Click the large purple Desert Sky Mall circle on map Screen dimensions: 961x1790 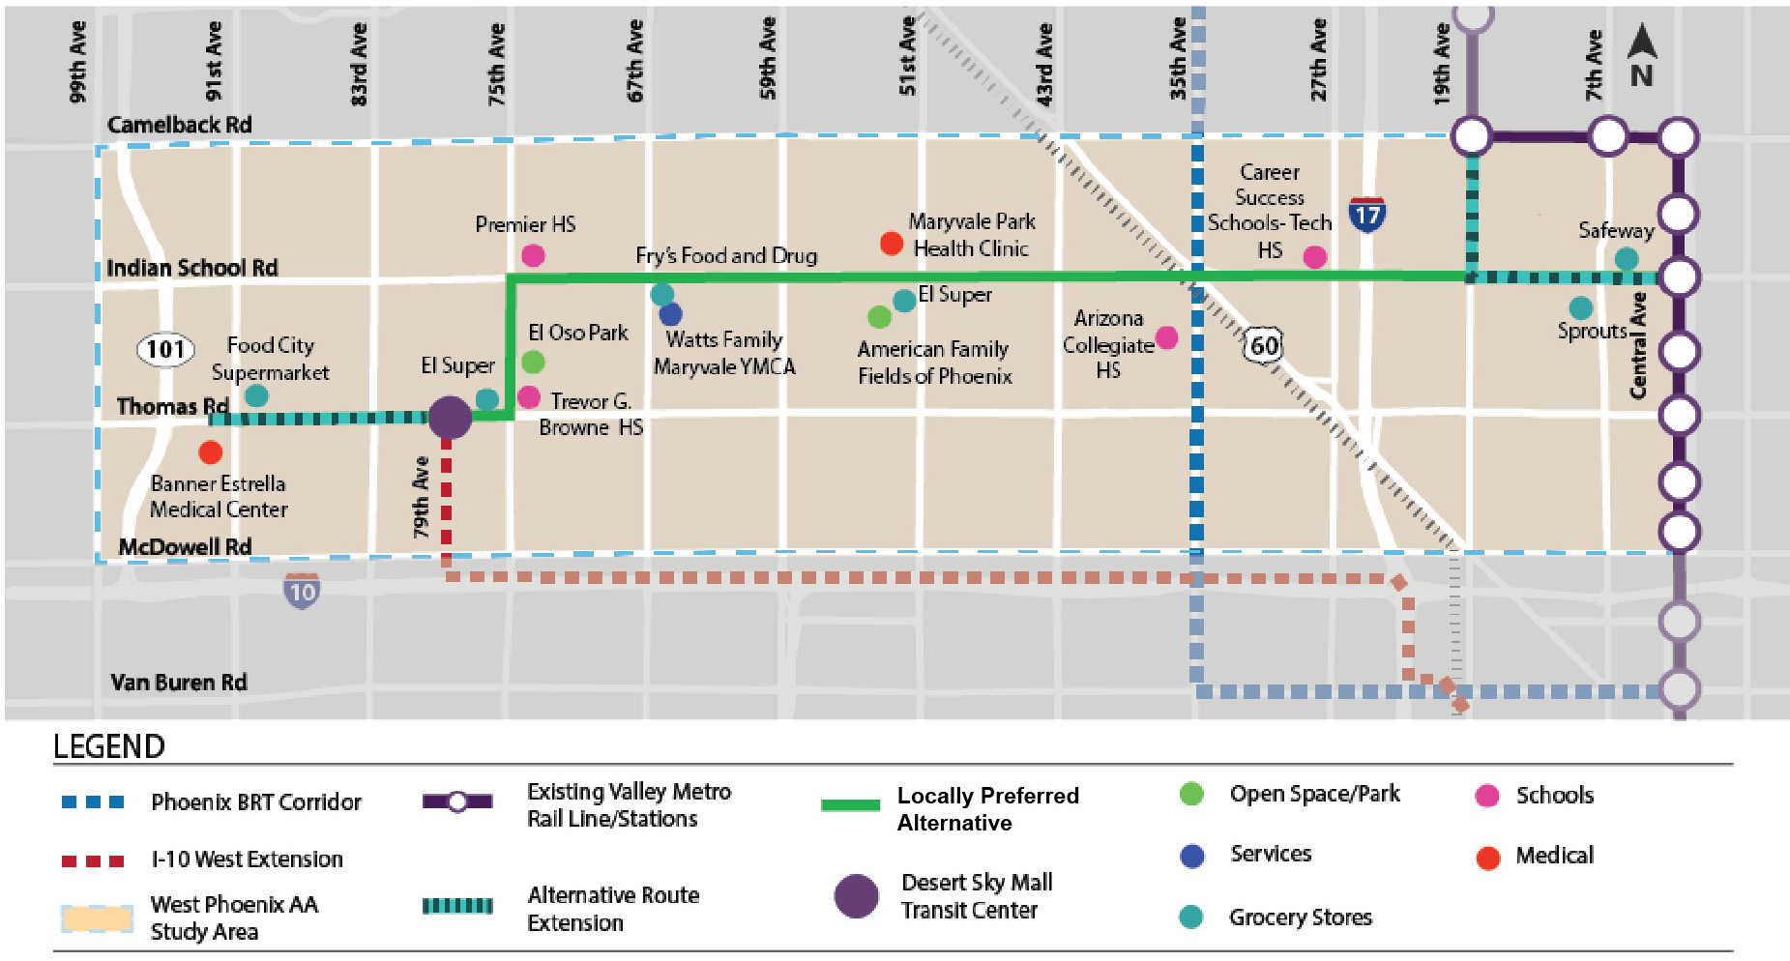click(450, 418)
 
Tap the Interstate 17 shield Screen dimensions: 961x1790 click(1366, 214)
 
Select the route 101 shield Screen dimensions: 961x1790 click(165, 349)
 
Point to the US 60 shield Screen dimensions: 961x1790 click(1263, 345)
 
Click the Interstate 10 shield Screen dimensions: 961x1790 click(302, 591)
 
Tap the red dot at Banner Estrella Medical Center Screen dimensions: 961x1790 click(211, 451)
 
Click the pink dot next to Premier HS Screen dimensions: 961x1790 click(533, 255)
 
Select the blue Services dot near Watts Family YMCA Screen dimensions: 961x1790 click(670, 314)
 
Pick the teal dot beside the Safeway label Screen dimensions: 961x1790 click(1627, 259)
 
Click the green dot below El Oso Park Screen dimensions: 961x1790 click(533, 363)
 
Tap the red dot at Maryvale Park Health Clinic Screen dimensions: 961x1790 click(892, 244)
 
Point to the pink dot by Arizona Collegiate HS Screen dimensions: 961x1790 click(1167, 337)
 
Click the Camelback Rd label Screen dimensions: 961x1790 click(180, 125)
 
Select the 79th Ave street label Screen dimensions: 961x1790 click(421, 497)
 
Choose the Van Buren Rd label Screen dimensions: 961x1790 click(179, 683)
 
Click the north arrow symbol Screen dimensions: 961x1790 click(1641, 56)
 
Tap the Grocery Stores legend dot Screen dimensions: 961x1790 click(1191, 917)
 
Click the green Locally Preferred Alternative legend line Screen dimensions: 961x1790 click(850, 804)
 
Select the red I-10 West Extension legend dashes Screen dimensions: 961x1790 click(93, 860)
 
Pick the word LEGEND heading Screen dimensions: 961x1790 click(109, 746)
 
